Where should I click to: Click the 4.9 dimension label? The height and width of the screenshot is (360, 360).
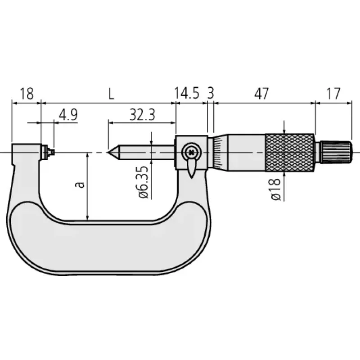68,115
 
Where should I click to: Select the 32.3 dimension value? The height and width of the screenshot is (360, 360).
142,115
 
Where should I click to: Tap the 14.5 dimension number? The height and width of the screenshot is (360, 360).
187,93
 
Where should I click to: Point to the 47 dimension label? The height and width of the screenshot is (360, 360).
261,94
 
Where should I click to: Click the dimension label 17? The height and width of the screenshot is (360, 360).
333,94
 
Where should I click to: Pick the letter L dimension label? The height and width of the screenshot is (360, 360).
111,94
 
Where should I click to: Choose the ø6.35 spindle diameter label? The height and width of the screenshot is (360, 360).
144,182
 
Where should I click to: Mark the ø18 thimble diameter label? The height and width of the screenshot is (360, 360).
276,189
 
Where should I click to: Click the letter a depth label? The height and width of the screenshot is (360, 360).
80,185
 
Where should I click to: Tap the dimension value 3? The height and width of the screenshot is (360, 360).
211,93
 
